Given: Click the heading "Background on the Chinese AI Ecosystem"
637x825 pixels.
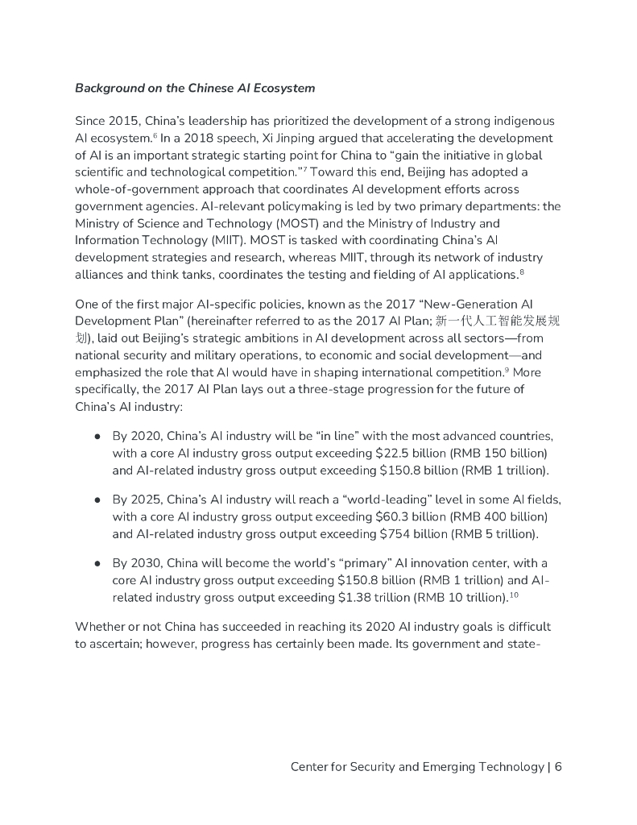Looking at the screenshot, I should [x=195, y=87].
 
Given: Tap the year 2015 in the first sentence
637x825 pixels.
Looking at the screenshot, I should [x=125, y=121].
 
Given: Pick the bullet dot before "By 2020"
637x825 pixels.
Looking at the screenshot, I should [x=97, y=436].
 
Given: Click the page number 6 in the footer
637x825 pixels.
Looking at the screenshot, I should [x=557, y=766].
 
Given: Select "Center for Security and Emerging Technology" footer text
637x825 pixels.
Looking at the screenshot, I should [x=416, y=766].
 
